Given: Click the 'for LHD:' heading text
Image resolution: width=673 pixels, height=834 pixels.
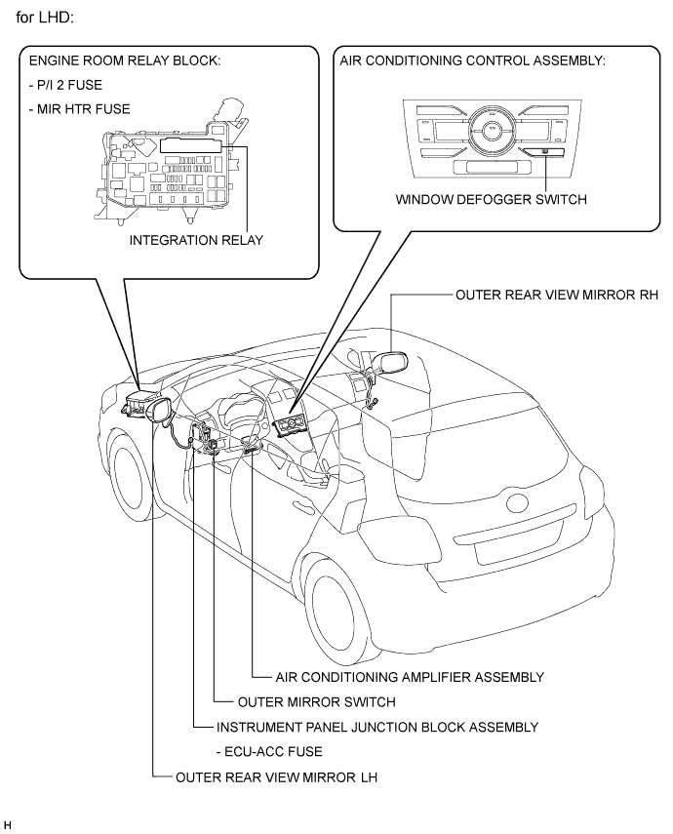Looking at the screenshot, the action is click(45, 18).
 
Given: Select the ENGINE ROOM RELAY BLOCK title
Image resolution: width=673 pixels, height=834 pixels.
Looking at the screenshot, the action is click(125, 60).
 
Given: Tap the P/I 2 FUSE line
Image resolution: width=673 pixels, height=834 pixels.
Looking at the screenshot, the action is click(66, 85).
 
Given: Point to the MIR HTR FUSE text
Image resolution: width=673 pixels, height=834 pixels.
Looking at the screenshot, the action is click(80, 109).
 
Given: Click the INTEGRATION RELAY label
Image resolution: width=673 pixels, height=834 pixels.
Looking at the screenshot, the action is click(196, 240).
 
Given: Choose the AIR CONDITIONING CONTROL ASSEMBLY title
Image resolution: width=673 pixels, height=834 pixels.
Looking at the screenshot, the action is click(473, 60).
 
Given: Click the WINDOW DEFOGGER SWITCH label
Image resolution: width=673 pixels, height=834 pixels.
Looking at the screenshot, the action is click(491, 199).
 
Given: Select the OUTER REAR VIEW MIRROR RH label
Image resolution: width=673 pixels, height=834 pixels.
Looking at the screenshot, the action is click(557, 295).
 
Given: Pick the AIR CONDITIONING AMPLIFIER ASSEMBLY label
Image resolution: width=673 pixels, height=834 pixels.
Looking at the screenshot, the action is click(410, 677).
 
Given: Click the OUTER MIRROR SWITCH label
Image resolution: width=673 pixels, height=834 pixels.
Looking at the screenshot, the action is click(317, 702).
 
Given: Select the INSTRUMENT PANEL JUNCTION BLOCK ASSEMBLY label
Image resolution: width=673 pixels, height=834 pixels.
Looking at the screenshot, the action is click(377, 727).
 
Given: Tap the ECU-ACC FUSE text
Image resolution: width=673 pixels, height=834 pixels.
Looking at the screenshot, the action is click(269, 752).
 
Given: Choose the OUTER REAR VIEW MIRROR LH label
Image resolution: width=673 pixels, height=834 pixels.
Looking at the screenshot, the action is click(277, 777).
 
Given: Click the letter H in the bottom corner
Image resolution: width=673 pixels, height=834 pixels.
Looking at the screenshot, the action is click(8, 825).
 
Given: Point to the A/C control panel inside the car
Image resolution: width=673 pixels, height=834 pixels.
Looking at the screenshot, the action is click(292, 426).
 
